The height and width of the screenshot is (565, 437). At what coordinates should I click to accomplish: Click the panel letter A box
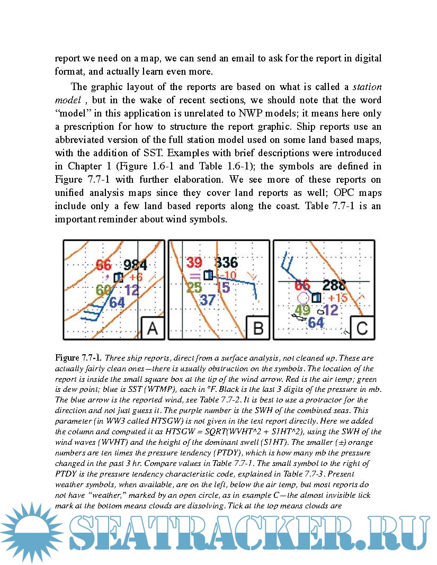pyautogui.click(x=152, y=328)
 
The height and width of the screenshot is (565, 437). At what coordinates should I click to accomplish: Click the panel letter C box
pyautogui.click(x=362, y=328)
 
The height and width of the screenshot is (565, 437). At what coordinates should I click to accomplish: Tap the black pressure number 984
pyautogui.click(x=135, y=266)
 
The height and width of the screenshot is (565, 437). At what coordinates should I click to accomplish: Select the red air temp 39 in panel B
pyautogui.click(x=194, y=263)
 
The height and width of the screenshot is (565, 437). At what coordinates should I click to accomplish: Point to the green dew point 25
pyautogui.click(x=194, y=288)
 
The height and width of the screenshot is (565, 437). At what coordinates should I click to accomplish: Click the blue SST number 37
pyautogui.click(x=208, y=300)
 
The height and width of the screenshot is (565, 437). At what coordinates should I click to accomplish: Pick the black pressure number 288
pyautogui.click(x=334, y=285)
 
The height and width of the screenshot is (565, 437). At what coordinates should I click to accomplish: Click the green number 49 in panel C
pyautogui.click(x=302, y=310)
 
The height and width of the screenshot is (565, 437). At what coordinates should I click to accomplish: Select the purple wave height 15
pyautogui.click(x=223, y=288)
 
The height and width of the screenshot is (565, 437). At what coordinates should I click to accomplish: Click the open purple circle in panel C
pyautogui.click(x=304, y=298)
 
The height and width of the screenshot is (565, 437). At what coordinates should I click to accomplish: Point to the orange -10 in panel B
pyautogui.click(x=228, y=275)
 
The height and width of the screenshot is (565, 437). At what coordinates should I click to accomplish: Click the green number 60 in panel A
pyautogui.click(x=104, y=290)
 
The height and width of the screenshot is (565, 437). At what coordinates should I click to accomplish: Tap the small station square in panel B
pyautogui.click(x=208, y=275)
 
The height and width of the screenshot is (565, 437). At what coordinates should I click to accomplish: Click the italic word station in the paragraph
pyautogui.click(x=367, y=87)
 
